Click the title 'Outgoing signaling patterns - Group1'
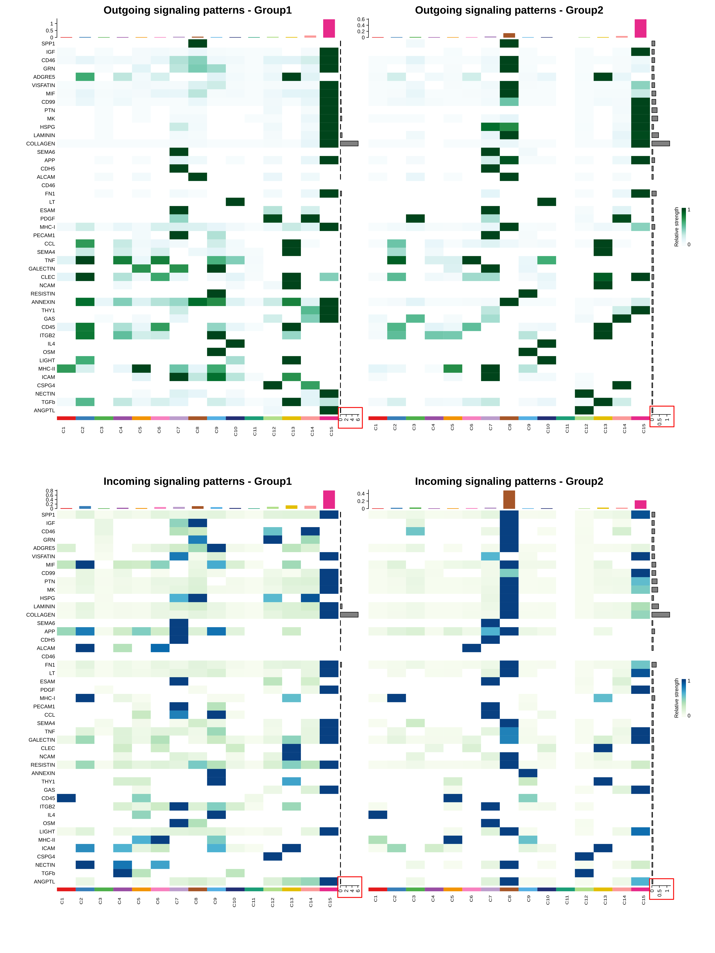[197, 10]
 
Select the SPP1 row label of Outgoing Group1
[48, 43]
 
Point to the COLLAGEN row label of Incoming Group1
[41, 615]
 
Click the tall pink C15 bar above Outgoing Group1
[329, 28]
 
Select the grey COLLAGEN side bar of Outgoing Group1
[349, 143]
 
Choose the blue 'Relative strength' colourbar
[684, 698]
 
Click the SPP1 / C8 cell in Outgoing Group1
[197, 43]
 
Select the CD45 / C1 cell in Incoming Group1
[66, 798]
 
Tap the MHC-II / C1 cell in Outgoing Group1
[66, 369]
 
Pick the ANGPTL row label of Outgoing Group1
[44, 411]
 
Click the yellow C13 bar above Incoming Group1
[291, 507]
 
